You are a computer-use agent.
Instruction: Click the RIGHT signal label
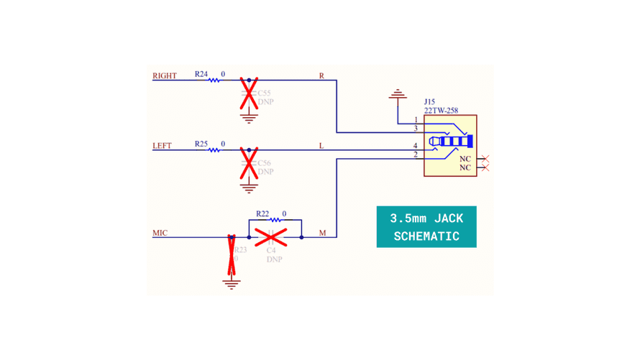165,75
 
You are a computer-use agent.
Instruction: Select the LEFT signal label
163,146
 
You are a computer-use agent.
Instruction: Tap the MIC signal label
160,233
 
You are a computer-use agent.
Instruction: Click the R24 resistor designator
201,74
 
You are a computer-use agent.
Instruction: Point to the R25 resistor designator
201,144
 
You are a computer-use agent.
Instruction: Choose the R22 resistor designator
262,214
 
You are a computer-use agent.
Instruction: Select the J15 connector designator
429,102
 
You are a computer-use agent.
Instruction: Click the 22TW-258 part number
441,111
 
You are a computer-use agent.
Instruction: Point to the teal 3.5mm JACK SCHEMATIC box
426,227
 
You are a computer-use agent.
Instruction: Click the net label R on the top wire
321,75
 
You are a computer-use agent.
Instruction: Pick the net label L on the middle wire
321,146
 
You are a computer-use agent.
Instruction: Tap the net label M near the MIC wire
322,233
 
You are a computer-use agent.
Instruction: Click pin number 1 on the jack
416,120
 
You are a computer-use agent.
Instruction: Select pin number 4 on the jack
415,146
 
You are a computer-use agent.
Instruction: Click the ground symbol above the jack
397,94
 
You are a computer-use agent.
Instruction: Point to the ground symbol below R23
232,285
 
